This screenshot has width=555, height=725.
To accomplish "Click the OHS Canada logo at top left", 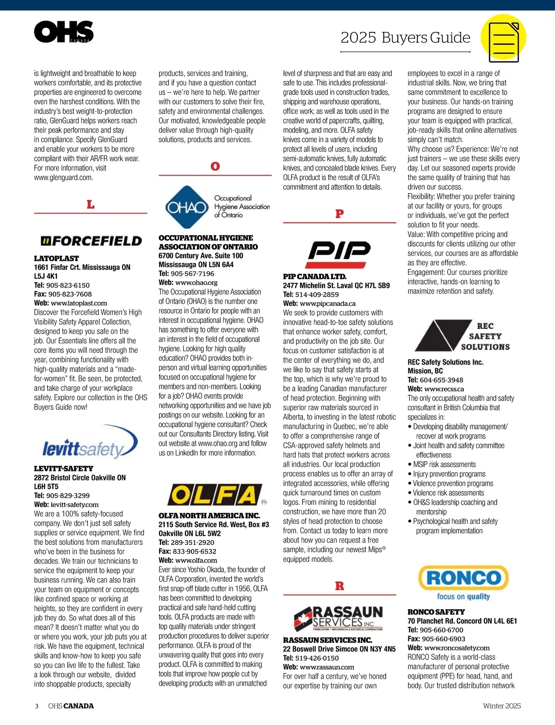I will (64, 31).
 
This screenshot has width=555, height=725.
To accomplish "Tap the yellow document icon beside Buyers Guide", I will (503, 37).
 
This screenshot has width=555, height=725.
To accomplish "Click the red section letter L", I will (91, 204).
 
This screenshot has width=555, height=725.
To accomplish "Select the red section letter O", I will (215, 166).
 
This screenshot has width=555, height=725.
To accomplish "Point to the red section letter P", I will (339, 213).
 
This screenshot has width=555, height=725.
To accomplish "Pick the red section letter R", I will (339, 586).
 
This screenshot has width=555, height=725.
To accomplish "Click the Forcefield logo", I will (91, 241).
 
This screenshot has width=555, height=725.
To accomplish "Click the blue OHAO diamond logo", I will (187, 207).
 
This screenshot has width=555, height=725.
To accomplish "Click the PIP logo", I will (339, 251).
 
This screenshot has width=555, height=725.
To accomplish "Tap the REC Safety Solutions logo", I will (462, 336).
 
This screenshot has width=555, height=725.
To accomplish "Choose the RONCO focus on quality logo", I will (463, 582).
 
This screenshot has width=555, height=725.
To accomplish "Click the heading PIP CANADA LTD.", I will (314, 276).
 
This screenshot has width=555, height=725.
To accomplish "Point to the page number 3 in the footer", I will (37, 706).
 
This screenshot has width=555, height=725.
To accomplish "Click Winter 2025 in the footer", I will (502, 706).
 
